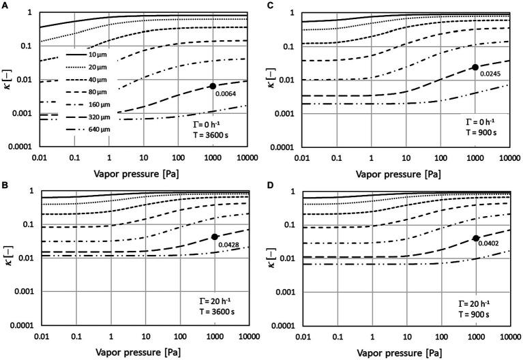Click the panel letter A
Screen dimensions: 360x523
pyautogui.click(x=5, y=5)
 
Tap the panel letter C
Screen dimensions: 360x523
pyautogui.click(x=266, y=5)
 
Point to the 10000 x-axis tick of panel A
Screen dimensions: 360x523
pyautogui.click(x=245, y=156)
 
